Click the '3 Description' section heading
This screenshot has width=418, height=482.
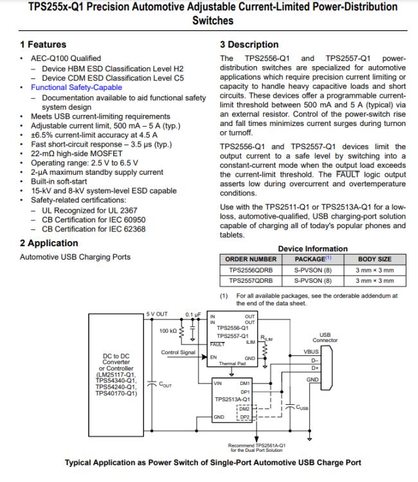coord(249,44)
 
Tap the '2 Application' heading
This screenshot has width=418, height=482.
coord(48,243)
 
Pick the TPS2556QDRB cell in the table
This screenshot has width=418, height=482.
coord(251,270)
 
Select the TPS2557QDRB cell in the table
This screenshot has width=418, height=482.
coord(251,280)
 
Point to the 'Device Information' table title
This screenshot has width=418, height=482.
coord(313,249)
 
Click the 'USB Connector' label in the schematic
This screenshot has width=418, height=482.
coord(325,337)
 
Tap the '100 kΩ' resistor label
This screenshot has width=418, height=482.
coord(168,331)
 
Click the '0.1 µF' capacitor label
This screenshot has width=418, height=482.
coord(194,314)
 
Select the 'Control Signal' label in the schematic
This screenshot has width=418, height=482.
coord(177,352)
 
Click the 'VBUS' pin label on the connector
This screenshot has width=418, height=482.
coord(311,352)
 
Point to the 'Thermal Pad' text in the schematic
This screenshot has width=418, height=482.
coord(234,362)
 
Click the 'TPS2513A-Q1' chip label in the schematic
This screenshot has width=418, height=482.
coord(233,399)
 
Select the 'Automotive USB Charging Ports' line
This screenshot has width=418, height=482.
coord(75,257)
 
